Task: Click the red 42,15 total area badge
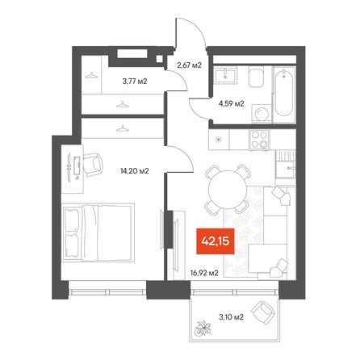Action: point(216,241)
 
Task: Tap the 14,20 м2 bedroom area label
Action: point(135,170)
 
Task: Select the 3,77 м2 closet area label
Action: point(135,81)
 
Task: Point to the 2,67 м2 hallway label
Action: point(189,65)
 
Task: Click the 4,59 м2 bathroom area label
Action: point(232,103)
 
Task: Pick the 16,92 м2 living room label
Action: point(204,273)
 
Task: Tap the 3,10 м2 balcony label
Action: point(231,317)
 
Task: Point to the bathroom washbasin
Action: point(225,74)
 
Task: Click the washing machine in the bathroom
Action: point(262,114)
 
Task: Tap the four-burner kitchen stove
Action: point(259,140)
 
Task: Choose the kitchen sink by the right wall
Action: point(286,169)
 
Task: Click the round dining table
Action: point(228,189)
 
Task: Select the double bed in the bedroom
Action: point(98,232)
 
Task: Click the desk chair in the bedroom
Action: point(93,165)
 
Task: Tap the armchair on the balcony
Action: point(263,313)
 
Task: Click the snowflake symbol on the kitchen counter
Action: point(219,140)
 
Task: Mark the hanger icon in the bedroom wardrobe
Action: point(123,129)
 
